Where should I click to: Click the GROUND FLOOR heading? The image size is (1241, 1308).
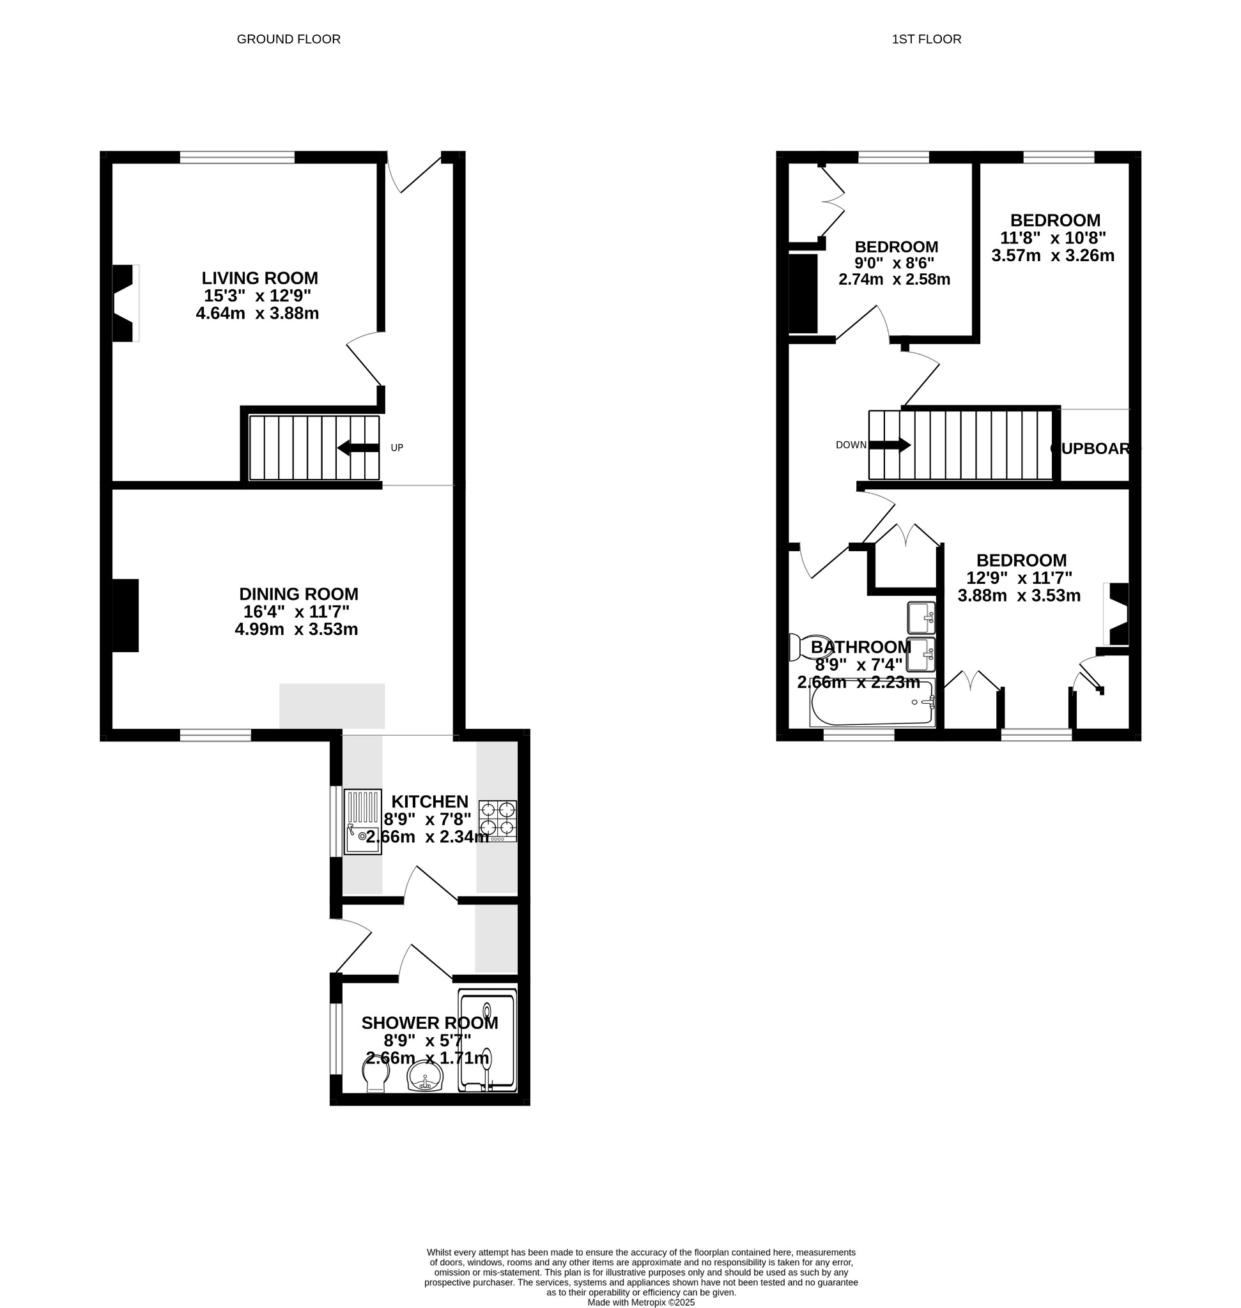pos(288,39)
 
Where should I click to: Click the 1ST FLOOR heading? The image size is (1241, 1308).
pos(925,39)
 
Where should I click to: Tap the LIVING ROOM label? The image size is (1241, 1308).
pos(259,278)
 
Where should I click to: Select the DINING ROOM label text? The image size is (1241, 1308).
pos(298,594)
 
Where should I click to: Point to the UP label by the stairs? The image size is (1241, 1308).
pos(396,448)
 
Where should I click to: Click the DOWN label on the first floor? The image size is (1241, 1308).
pos(851,445)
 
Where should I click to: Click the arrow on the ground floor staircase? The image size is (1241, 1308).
pos(358,448)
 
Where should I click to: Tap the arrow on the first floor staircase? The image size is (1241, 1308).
pos(890,445)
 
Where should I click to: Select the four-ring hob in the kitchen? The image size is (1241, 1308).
pos(498,820)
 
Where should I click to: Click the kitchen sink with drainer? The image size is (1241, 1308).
pos(362,821)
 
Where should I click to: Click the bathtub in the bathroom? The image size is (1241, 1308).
pos(872,703)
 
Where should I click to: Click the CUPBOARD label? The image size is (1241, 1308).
pos(1094,448)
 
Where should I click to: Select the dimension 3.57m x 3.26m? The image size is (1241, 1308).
pos(1052,255)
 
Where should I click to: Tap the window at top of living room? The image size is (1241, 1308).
pos(237,156)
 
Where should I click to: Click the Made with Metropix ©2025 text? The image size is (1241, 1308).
pos(640,1302)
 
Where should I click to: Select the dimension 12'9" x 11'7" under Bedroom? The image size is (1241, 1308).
pos(1019,578)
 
